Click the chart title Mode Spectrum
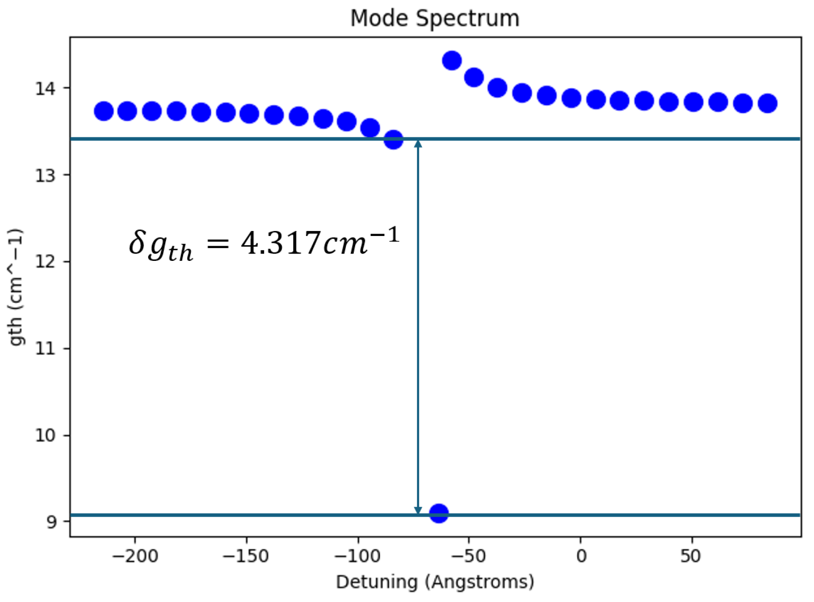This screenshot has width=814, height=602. pyautogui.click(x=434, y=18)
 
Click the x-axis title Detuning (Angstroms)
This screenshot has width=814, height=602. pyautogui.click(x=434, y=582)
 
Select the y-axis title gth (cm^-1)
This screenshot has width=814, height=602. pyautogui.click(x=16, y=287)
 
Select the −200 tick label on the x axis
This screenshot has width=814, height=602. pyautogui.click(x=135, y=556)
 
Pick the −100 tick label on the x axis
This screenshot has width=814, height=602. pyautogui.click(x=357, y=556)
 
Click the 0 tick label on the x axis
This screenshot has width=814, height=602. pyautogui.click(x=581, y=556)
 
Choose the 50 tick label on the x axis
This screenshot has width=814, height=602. pyautogui.click(x=691, y=556)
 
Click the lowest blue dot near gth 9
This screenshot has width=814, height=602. pyautogui.click(x=439, y=513)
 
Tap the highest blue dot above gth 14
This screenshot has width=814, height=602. pyautogui.click(x=452, y=60)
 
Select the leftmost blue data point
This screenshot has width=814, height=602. pyautogui.click(x=104, y=111)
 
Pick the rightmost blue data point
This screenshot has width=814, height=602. pyautogui.click(x=767, y=103)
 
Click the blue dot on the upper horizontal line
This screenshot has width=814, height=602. pyautogui.click(x=393, y=139)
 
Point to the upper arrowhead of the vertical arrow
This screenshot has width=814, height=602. pyautogui.click(x=418, y=144)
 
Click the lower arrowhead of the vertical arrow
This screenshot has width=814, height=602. pyautogui.click(x=418, y=510)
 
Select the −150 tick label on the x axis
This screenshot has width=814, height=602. pyautogui.click(x=246, y=556)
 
